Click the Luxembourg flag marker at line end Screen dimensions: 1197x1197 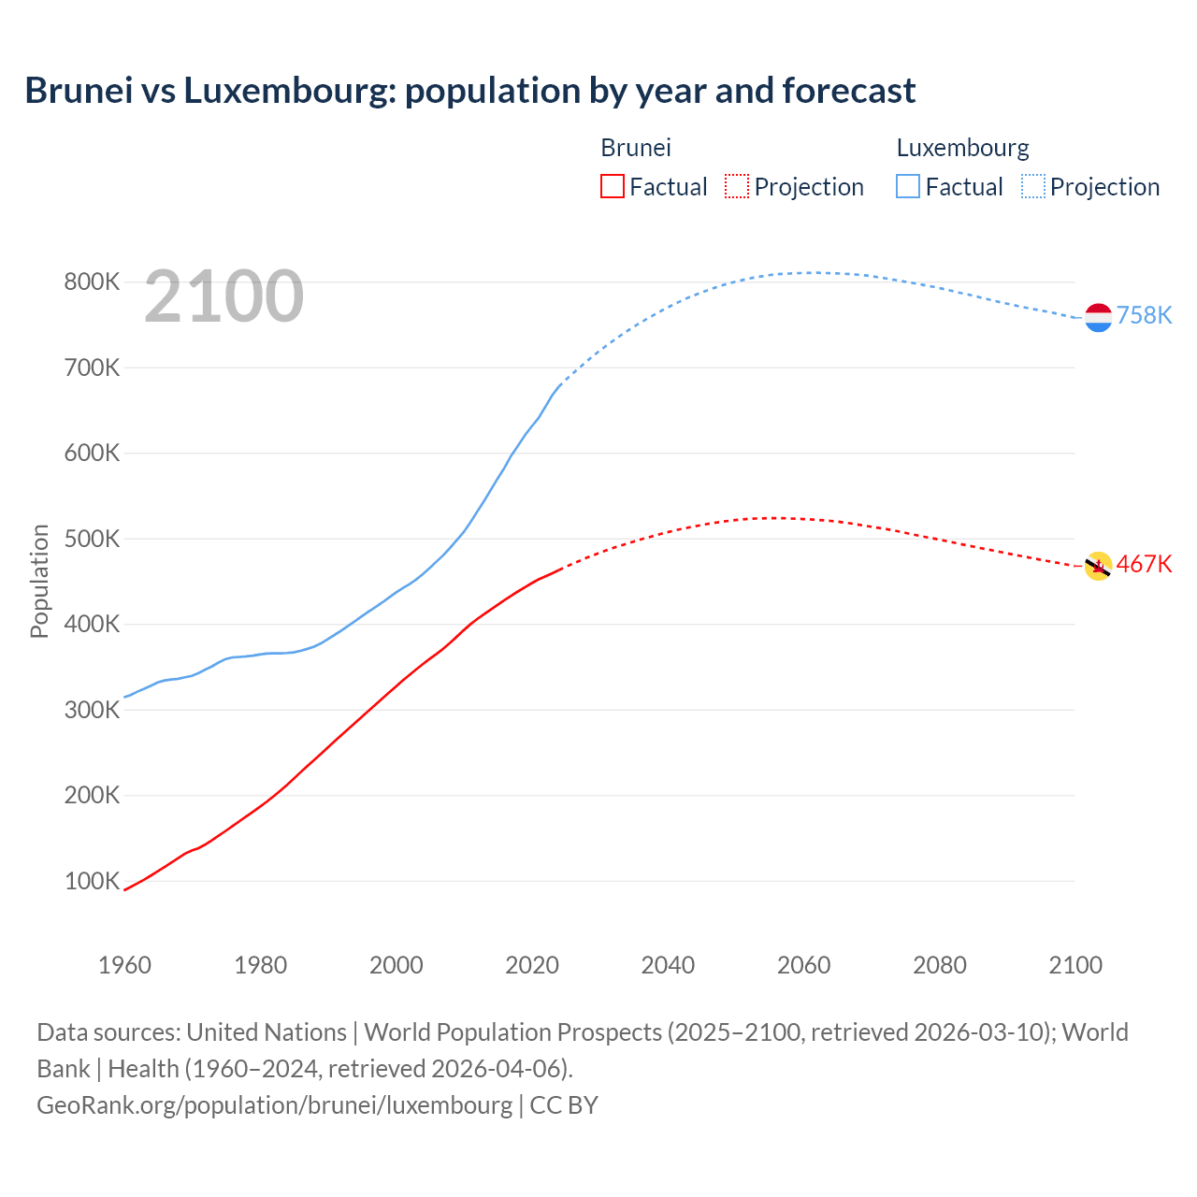(x=1098, y=318)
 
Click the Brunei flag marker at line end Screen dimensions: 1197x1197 (x=1098, y=566)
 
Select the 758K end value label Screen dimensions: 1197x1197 (x=1144, y=315)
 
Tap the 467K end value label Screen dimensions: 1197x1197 (x=1144, y=564)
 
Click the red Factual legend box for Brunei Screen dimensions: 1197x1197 (x=613, y=186)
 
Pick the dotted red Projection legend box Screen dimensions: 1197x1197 (x=737, y=186)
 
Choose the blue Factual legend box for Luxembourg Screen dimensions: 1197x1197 (x=908, y=186)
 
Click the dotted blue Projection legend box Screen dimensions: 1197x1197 (x=1032, y=186)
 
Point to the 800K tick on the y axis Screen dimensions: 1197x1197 (x=92, y=281)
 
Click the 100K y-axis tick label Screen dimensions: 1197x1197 (x=92, y=881)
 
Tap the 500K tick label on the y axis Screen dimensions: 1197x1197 (x=92, y=539)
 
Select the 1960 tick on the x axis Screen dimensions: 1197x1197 (x=124, y=965)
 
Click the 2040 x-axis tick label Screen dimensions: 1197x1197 (x=668, y=965)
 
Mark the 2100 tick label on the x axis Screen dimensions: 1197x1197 (x=1075, y=965)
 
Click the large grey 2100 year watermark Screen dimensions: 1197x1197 (x=224, y=296)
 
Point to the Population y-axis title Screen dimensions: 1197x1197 (x=39, y=581)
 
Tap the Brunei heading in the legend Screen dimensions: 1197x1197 (x=636, y=148)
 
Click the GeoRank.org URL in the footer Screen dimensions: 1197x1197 (x=274, y=1104)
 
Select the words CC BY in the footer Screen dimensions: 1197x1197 (x=564, y=1104)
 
